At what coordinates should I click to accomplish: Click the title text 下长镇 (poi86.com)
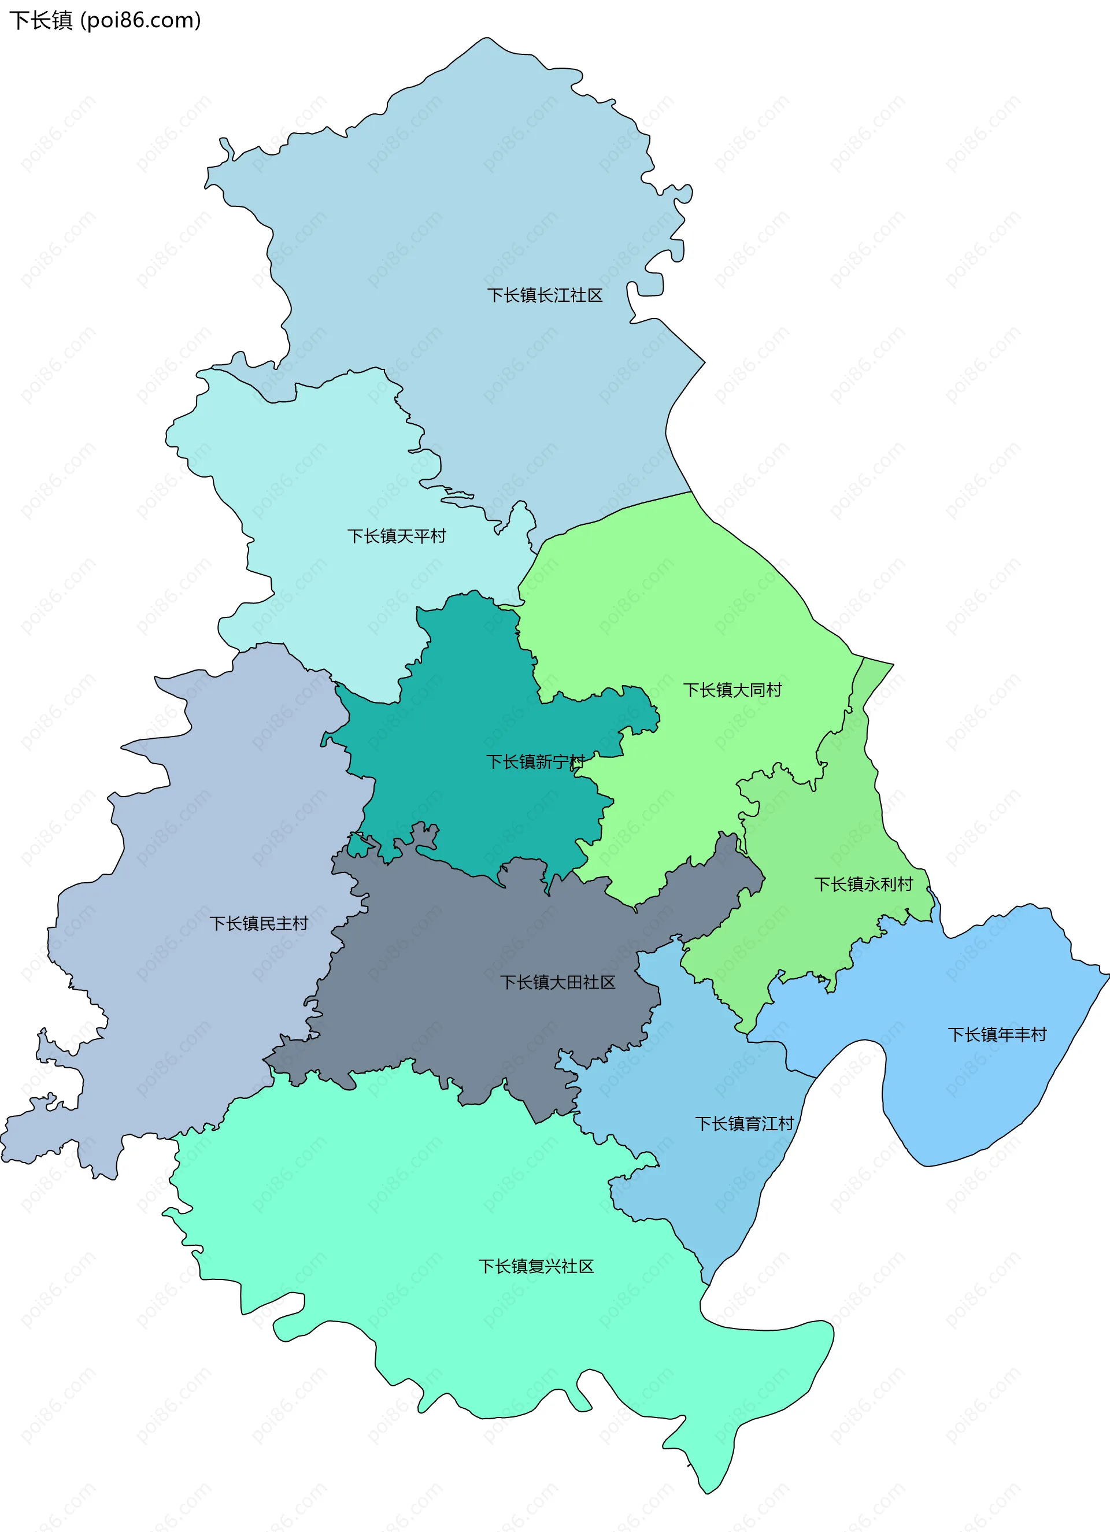click(105, 20)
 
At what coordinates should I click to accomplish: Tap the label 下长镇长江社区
click(545, 295)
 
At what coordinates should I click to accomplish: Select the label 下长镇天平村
click(397, 536)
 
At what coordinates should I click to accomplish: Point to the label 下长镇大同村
click(732, 690)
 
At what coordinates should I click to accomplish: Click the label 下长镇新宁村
click(535, 762)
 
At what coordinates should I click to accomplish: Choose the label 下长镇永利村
click(863, 884)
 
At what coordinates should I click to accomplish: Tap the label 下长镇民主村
click(259, 923)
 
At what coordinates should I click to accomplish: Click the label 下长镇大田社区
click(557, 982)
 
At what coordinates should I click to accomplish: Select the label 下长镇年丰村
click(997, 1034)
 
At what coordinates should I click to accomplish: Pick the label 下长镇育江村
click(745, 1123)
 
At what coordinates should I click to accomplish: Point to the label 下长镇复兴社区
click(536, 1267)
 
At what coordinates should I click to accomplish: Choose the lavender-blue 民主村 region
click(203, 845)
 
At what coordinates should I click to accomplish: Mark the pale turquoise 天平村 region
click(324, 473)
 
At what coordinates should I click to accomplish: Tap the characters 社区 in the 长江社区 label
click(586, 295)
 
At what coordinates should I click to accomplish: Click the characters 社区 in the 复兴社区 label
click(577, 1267)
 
